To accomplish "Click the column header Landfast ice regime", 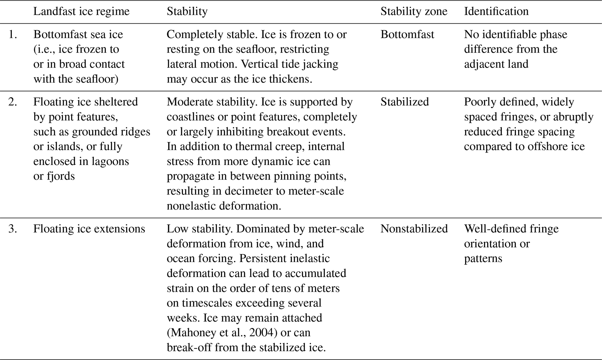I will click(x=81, y=11).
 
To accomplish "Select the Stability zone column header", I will click(x=414, y=11).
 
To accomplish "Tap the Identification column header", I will click(x=496, y=11).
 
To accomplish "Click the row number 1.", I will click(x=13, y=35).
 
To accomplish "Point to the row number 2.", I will click(x=13, y=102).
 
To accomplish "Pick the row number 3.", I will click(x=13, y=229).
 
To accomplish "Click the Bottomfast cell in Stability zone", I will click(x=407, y=35).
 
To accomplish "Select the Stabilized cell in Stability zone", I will click(x=405, y=102).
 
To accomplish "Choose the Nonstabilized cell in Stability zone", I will click(x=414, y=229).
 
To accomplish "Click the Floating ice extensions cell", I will click(x=89, y=229).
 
